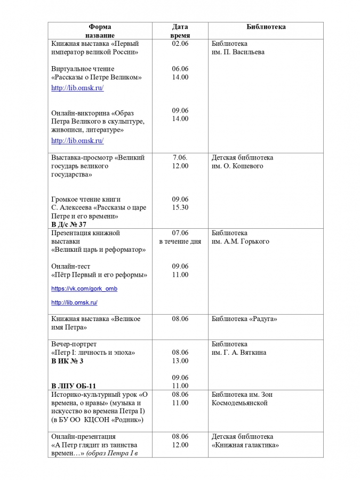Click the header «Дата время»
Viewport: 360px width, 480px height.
pos(180,30)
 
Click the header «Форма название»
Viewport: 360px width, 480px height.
pos(100,30)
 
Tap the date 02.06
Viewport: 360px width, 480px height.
pos(180,44)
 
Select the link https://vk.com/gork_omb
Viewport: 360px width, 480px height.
pos(84,289)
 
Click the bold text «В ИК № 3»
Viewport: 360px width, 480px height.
pos(67,361)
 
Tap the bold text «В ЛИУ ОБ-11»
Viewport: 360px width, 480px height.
pos(74,386)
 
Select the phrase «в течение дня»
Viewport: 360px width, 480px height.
pos(180,242)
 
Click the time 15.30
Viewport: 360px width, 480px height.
pos(180,207)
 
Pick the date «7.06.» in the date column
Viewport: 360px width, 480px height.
pos(180,158)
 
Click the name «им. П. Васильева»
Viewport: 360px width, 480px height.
pos(238,52)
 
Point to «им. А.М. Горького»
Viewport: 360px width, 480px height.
pos(240,242)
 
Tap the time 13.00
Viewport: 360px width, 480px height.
pos(180,361)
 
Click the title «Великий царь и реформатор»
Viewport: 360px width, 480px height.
pos(98,250)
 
